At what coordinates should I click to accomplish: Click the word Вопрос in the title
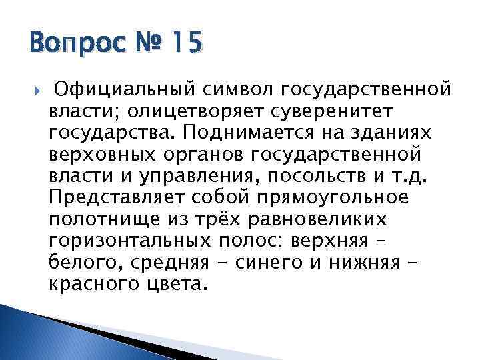click(x=73, y=45)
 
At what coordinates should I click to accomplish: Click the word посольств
click(x=307, y=177)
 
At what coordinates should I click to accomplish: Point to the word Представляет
click(x=115, y=199)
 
